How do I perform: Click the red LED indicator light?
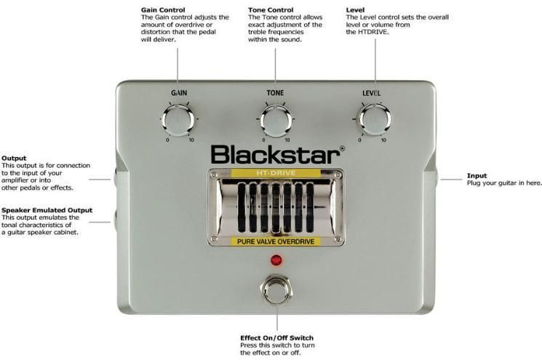tap(276, 260)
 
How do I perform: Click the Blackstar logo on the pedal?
tap(276, 154)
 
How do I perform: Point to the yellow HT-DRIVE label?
tap(276, 173)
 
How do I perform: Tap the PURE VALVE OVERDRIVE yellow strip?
tap(276, 241)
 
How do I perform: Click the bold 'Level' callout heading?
tap(356, 9)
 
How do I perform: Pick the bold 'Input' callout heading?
tap(477, 175)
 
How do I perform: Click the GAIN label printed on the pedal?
tap(178, 94)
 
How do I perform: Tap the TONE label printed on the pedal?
tap(275, 94)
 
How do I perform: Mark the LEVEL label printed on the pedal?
tap(371, 94)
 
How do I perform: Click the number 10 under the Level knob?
tap(383, 140)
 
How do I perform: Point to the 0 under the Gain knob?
tap(168, 140)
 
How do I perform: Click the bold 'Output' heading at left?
tap(14, 158)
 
